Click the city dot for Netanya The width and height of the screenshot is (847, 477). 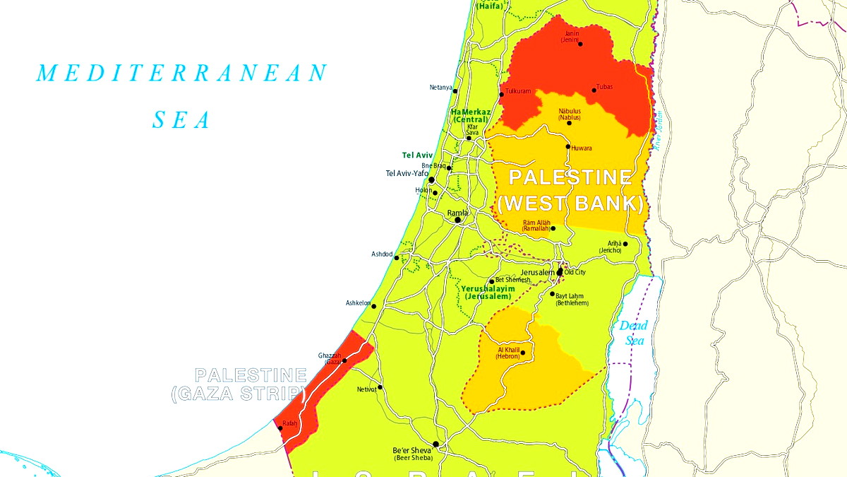pos(455,91)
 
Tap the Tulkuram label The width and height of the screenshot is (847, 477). pos(517,92)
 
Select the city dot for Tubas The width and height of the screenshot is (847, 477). pos(594,90)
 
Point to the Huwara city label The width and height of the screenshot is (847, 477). pos(582,148)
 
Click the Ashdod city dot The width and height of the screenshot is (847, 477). pos(397,258)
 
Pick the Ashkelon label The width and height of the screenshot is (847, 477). pos(358,303)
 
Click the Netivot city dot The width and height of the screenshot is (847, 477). pos(380,387)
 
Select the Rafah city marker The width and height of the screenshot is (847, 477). pos(280,428)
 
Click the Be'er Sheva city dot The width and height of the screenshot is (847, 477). pos(435,444)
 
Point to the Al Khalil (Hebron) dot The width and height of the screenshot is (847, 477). pos(522,353)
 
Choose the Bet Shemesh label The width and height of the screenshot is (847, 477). pos(513,280)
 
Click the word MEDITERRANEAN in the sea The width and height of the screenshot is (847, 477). pos(182,73)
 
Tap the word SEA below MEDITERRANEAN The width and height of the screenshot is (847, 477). pos(182,121)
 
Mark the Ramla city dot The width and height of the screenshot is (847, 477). pos(457,220)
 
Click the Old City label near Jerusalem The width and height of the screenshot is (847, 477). pos(575,272)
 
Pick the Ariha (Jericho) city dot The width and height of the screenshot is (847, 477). pos(625,244)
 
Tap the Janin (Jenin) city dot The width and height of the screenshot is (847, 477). pos(580,44)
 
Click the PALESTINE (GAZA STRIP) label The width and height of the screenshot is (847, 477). pos(241,385)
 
